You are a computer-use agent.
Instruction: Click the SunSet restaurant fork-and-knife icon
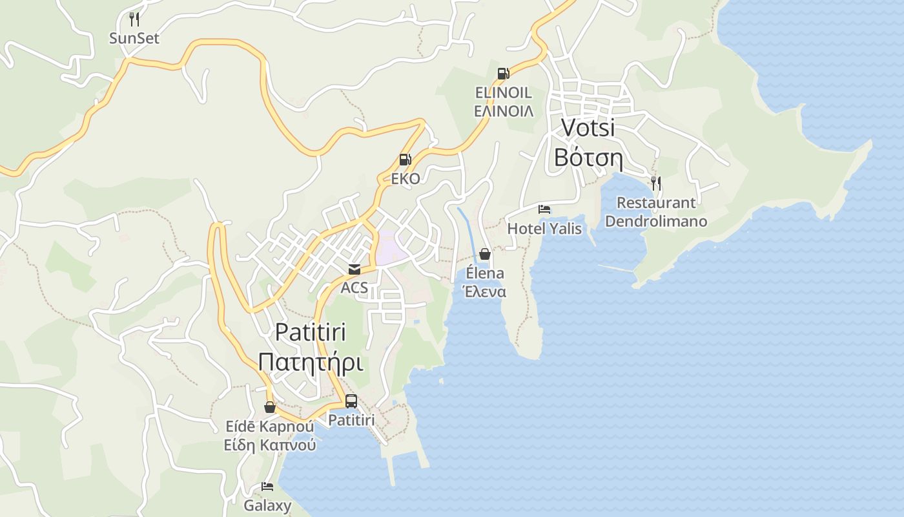pyautogui.click(x=134, y=19)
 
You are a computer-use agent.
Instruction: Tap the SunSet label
pyautogui.click(x=134, y=38)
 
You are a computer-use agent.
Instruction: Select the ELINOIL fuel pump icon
pyautogui.click(x=503, y=74)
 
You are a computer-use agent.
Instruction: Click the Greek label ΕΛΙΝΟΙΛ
pyautogui.click(x=504, y=111)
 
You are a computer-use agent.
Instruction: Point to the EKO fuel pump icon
pyautogui.click(x=405, y=160)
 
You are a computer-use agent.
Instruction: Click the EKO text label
pyautogui.click(x=406, y=178)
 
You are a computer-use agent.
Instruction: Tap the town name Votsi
pyautogui.click(x=588, y=128)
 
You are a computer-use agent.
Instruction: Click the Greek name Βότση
pyautogui.click(x=588, y=158)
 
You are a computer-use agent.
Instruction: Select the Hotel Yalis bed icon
pyautogui.click(x=544, y=209)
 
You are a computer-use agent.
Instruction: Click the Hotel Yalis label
pyautogui.click(x=544, y=229)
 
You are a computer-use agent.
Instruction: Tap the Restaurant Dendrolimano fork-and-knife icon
pyautogui.click(x=655, y=183)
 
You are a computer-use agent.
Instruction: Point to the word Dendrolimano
pyautogui.click(x=656, y=222)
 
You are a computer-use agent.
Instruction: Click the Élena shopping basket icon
pyautogui.click(x=485, y=254)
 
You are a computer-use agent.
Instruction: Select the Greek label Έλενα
pyautogui.click(x=485, y=292)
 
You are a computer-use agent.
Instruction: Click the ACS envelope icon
pyautogui.click(x=354, y=269)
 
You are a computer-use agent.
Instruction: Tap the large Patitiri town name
pyautogui.click(x=310, y=332)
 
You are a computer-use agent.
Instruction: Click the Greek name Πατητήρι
pyautogui.click(x=310, y=363)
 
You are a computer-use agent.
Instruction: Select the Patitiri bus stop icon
pyautogui.click(x=351, y=401)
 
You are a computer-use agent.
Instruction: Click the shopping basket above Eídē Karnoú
pyautogui.click(x=270, y=407)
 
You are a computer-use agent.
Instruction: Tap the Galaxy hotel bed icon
pyautogui.click(x=267, y=487)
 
